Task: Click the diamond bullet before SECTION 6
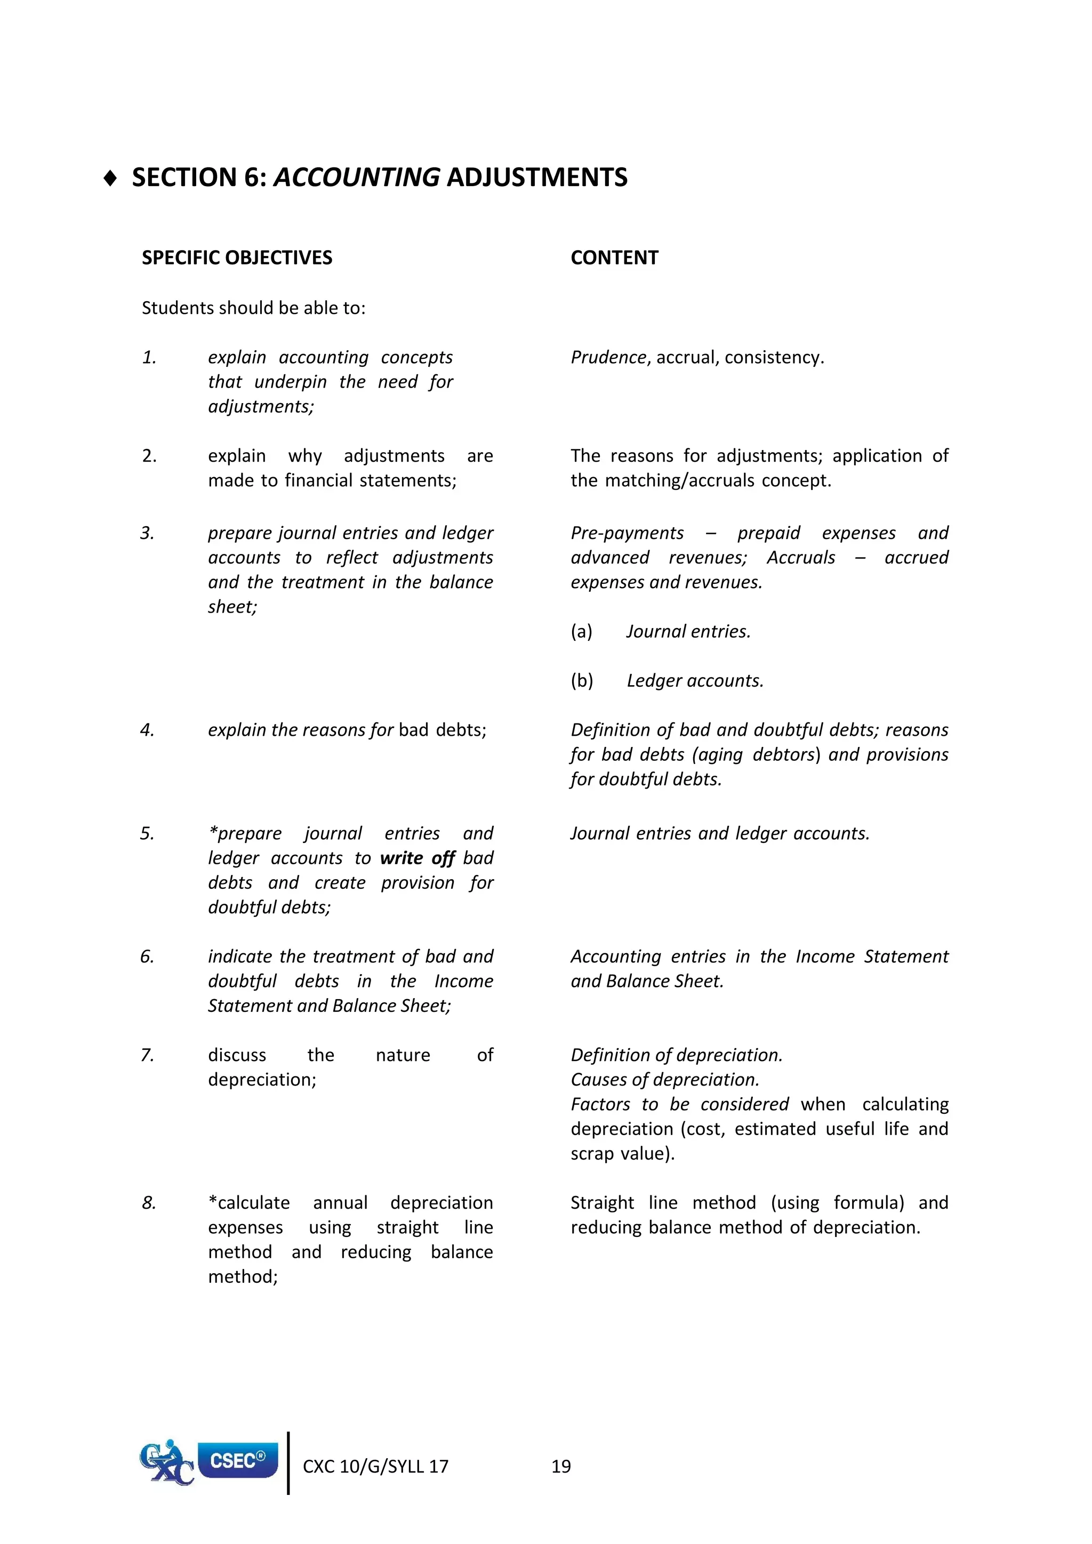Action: point(111,178)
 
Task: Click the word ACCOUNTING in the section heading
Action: point(356,178)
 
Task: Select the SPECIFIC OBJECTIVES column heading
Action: point(237,258)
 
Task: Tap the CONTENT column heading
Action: point(614,258)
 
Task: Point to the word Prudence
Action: point(608,357)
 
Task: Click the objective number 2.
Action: point(149,456)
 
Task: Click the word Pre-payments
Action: point(627,533)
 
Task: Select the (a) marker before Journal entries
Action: point(582,631)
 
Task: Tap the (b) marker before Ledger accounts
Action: point(582,680)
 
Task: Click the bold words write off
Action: point(417,858)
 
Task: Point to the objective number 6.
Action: point(147,956)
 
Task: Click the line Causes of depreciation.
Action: point(664,1079)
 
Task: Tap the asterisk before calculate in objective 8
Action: point(213,1202)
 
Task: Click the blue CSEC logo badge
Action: point(237,1460)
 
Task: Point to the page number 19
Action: point(561,1467)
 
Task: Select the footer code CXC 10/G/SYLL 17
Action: point(375,1467)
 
